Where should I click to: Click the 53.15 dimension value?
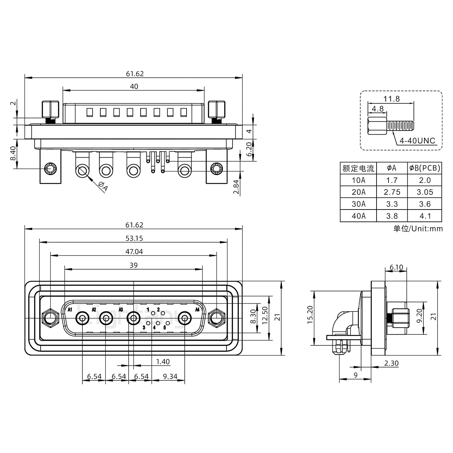(134, 238)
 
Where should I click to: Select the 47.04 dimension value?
(134, 252)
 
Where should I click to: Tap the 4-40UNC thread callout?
(417, 140)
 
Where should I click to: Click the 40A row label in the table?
(358, 216)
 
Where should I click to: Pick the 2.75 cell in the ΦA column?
(392, 192)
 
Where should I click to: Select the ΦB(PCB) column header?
(424, 168)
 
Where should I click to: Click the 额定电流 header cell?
(358, 168)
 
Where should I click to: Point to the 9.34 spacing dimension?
(170, 376)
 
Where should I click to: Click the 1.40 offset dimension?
(163, 362)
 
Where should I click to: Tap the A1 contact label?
(70, 310)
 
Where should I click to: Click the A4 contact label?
(198, 310)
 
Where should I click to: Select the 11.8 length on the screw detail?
(392, 99)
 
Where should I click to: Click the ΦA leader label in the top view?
(103, 187)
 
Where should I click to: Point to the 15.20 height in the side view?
(310, 315)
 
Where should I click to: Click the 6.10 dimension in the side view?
(396, 267)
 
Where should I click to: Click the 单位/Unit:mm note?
(418, 228)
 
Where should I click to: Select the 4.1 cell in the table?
(424, 216)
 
